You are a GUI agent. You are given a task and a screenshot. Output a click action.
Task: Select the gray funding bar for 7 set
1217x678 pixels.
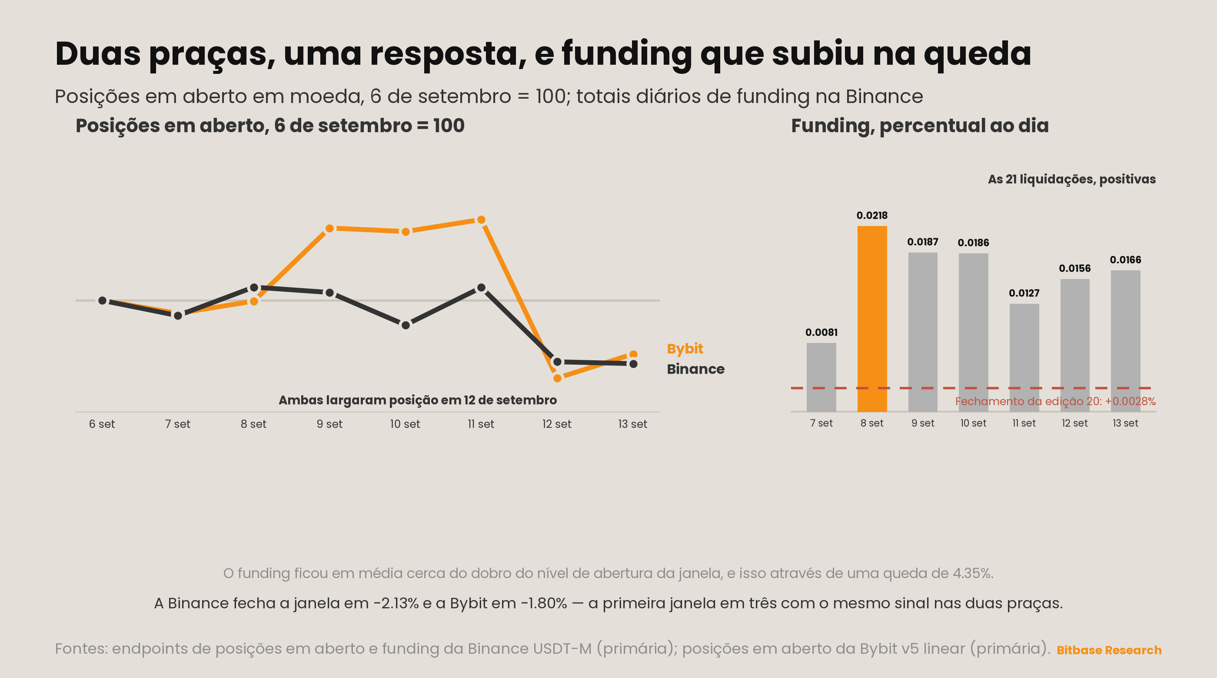[x=821, y=378]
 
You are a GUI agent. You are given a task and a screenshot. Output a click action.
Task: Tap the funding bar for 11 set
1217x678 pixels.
[x=1024, y=358]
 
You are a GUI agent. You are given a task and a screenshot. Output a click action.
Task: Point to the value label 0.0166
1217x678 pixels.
[x=1125, y=260]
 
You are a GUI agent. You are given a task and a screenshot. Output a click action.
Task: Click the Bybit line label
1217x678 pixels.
[x=685, y=349]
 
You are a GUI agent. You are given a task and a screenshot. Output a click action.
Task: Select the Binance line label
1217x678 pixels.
[x=695, y=369]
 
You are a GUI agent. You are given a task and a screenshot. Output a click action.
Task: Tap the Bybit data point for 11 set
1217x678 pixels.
[x=481, y=220]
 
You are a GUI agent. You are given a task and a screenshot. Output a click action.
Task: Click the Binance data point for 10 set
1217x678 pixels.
[x=406, y=325]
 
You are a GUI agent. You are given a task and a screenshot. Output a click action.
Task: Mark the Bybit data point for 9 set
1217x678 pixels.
[x=330, y=229]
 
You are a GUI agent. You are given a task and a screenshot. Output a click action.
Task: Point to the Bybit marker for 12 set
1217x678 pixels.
[x=557, y=378]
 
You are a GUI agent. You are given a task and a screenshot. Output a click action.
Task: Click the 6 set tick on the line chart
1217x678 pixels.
[x=102, y=424]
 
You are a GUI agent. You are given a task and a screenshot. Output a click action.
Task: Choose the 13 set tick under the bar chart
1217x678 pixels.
[x=1125, y=423]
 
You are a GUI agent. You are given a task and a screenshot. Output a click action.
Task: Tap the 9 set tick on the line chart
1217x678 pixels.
[x=330, y=424]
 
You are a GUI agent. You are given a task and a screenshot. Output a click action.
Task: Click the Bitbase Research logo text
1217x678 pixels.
[x=1109, y=650]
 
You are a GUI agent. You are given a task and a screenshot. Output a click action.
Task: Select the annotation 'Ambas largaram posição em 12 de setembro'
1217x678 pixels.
[x=418, y=400]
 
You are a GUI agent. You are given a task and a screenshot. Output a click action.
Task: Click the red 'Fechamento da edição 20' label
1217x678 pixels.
[x=1055, y=401]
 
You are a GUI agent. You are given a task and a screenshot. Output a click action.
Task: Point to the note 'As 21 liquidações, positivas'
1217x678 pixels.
[x=1071, y=179]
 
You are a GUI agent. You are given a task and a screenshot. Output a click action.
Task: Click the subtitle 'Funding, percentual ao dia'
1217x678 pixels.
[x=920, y=126]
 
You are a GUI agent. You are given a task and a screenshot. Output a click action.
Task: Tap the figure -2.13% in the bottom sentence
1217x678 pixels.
[x=396, y=603]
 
